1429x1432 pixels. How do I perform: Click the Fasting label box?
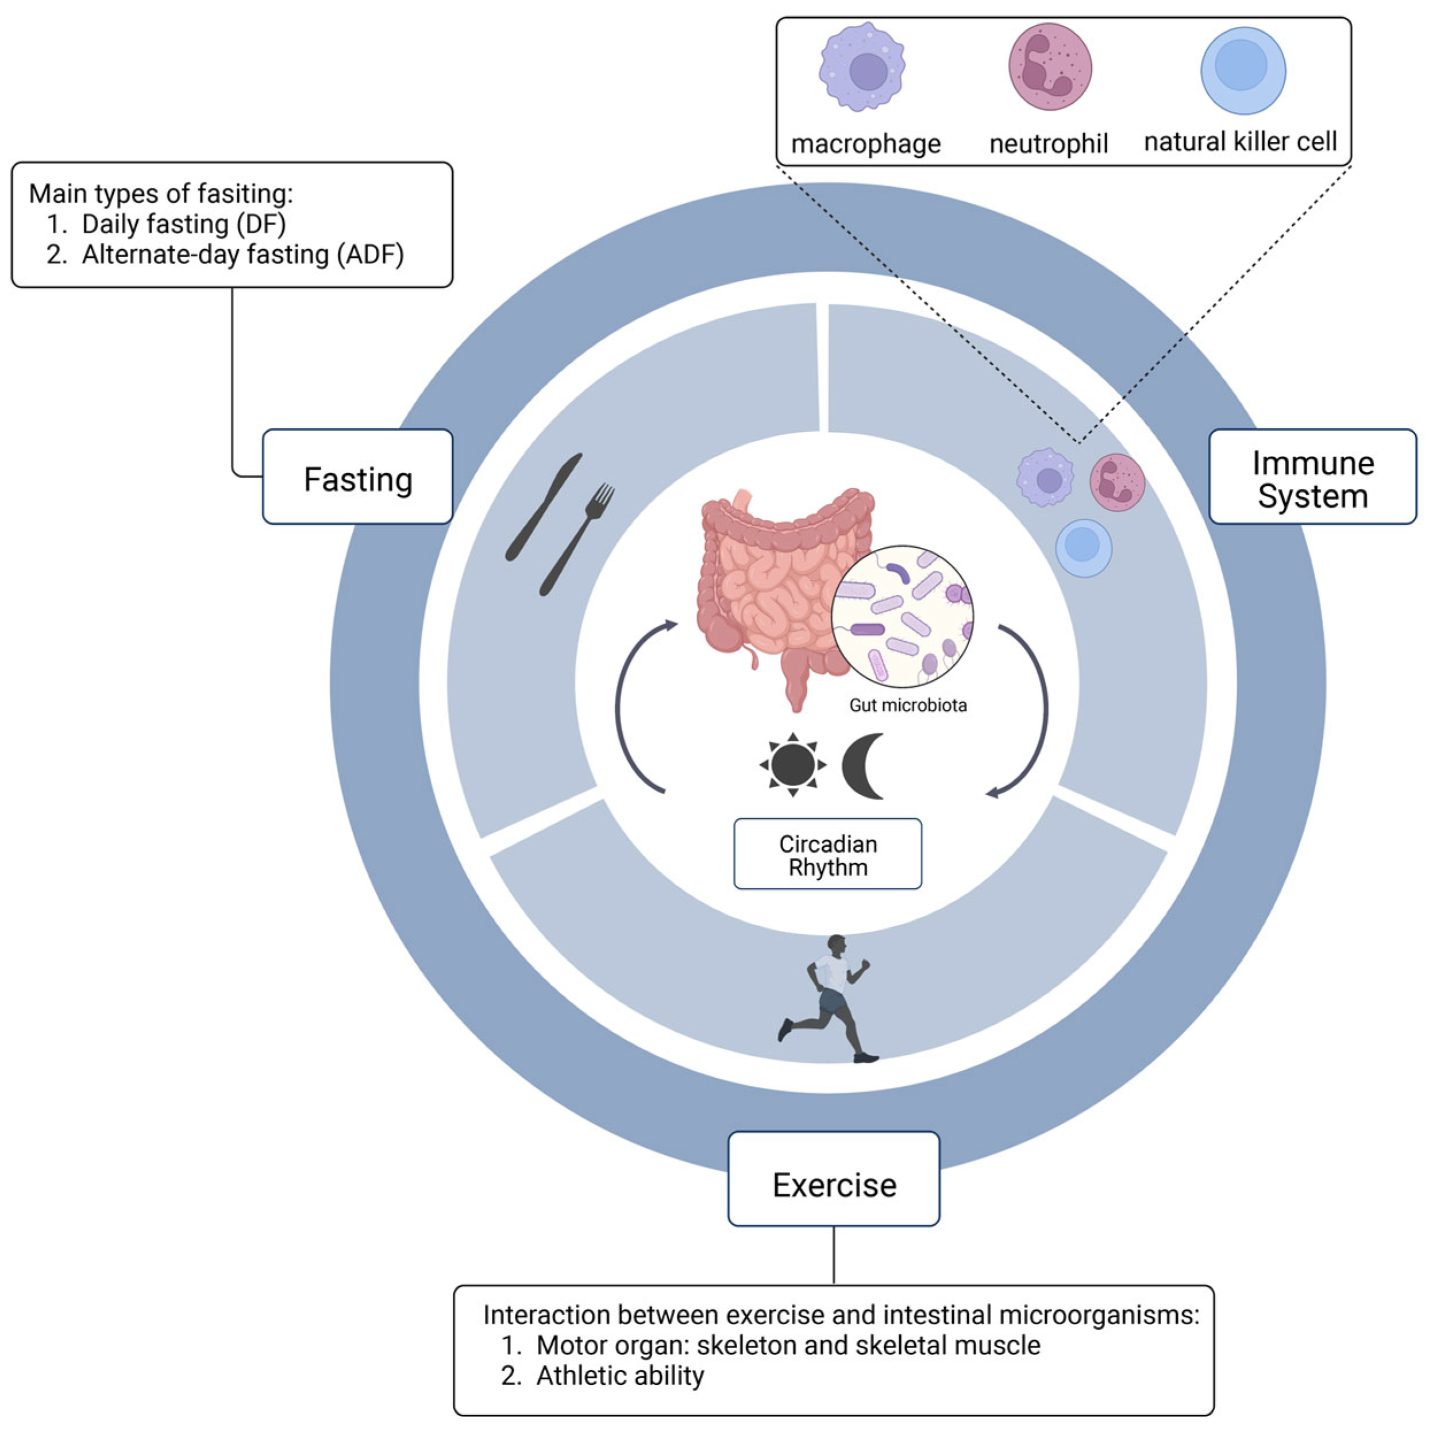pos(357,479)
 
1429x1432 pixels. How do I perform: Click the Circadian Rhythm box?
pos(827,854)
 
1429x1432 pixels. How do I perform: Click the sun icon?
pos(792,764)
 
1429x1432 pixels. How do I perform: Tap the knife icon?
pos(543,507)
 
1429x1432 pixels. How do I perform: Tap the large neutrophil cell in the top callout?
pos(1049,67)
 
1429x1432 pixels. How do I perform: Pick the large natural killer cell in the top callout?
pos(1242,71)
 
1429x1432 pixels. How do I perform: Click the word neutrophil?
pos(1048,143)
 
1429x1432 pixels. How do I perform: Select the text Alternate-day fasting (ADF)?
pos(242,254)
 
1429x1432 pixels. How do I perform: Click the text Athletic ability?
pos(619,1375)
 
